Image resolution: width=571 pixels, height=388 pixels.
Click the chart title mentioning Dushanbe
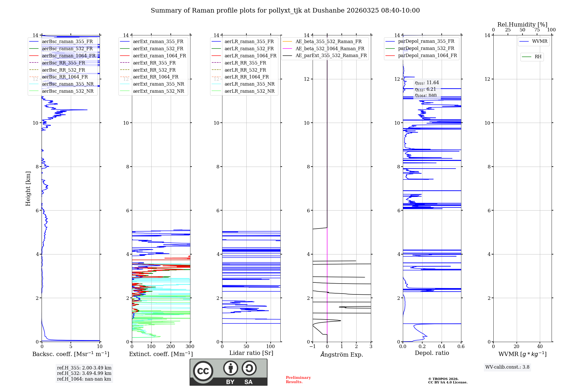coord(285,11)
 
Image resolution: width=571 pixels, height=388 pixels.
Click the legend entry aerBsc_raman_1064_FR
coord(69,56)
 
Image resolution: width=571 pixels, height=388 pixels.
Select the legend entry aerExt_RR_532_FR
coord(154,70)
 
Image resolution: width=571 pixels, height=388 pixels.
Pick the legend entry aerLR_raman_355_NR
coord(249,84)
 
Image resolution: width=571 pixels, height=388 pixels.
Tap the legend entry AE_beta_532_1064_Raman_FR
coord(330,48)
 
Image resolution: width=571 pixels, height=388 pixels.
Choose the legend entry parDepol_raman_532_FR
coord(426,48)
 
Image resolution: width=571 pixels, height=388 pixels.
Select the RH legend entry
coord(538,57)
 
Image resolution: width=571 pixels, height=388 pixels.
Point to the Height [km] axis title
coord(28,189)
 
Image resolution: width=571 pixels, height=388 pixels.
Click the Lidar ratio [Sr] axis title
coord(251,353)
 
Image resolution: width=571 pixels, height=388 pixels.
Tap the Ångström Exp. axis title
coord(342,354)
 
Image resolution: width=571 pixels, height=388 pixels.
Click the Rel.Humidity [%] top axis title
coord(522,25)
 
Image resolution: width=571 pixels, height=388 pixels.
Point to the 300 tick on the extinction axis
coord(190,347)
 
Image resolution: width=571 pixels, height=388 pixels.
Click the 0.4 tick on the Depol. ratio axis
coord(442,347)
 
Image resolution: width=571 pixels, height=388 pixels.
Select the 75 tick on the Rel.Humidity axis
coord(537,30)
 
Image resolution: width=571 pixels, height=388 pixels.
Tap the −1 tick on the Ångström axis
coord(313,347)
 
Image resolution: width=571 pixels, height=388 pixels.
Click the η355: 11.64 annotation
coord(427,83)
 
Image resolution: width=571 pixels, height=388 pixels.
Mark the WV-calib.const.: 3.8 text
coord(507,367)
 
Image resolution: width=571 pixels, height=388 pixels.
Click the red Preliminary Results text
coord(298,380)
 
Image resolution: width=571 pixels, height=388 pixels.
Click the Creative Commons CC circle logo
coord(203,371)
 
